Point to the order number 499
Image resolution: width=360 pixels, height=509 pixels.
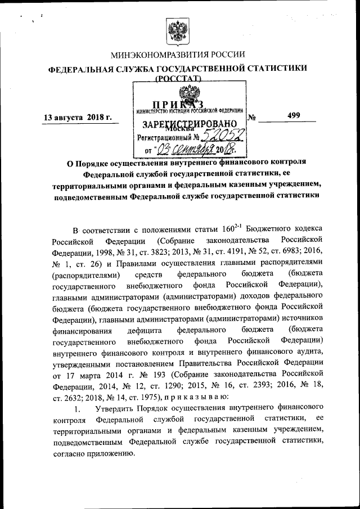[x=293, y=115]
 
